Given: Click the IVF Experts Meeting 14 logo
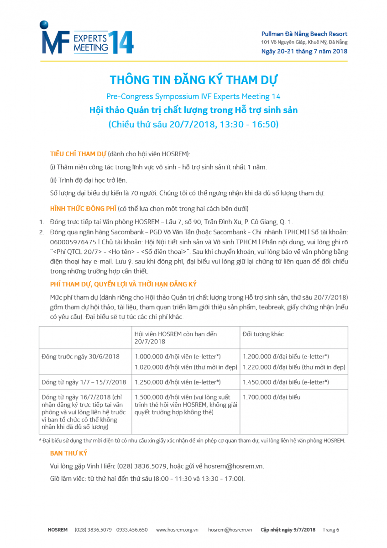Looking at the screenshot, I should (x=87, y=39).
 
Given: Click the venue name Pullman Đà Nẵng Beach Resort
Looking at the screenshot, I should (x=304, y=34).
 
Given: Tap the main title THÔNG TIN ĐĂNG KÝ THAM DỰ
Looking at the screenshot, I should (x=193, y=80).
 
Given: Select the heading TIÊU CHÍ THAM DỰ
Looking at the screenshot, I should (x=78, y=154).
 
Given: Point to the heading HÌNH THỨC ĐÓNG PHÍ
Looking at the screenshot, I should (x=83, y=209).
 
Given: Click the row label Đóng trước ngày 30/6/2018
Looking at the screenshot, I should (x=80, y=356).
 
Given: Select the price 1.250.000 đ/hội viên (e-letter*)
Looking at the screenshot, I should (x=178, y=382).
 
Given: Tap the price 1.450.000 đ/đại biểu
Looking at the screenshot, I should (x=286, y=382).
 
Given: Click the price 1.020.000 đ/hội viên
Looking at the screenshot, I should (x=186, y=367).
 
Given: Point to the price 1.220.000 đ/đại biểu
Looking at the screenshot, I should (x=294, y=367).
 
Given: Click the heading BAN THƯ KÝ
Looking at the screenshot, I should (x=68, y=453).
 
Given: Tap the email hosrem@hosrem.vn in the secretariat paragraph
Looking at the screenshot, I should (x=233, y=466).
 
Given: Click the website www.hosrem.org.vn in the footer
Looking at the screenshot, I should (x=177, y=530).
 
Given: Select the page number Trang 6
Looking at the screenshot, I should (x=331, y=530).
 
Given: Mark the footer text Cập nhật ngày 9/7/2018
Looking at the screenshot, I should (x=288, y=530).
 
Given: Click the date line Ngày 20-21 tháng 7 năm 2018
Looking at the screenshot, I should (x=304, y=51).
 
